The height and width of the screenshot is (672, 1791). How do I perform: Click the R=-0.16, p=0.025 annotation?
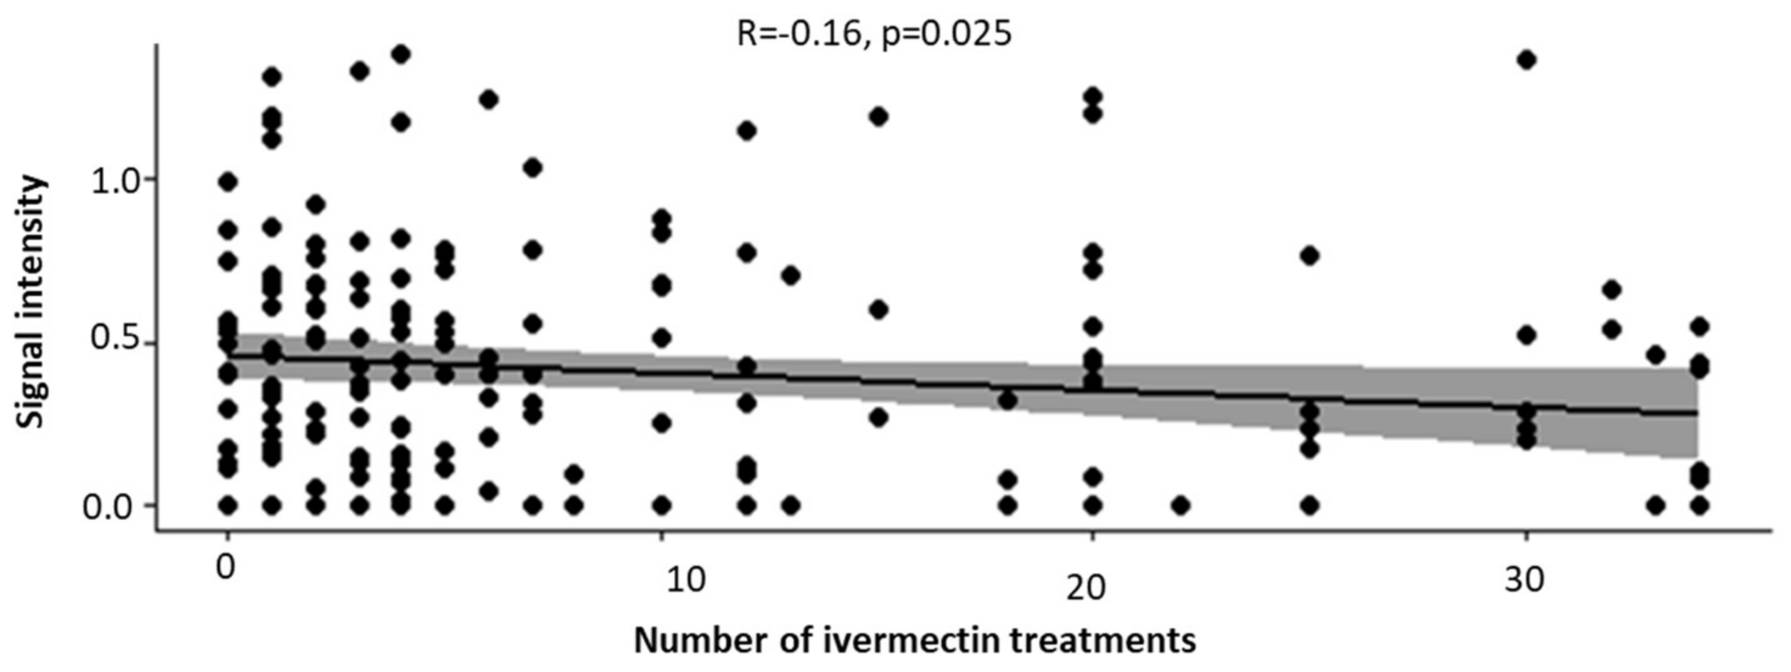(874, 32)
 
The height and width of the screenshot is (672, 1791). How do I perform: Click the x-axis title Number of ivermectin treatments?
(915, 641)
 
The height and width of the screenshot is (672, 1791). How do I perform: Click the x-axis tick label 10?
(686, 580)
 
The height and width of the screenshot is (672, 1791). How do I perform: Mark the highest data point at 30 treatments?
(1527, 60)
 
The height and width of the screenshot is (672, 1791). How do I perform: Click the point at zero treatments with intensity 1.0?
(228, 182)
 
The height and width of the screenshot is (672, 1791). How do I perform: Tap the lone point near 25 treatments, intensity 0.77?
(1310, 256)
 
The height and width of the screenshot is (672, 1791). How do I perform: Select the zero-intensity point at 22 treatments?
(1180, 505)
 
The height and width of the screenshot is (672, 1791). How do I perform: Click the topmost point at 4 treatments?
(401, 54)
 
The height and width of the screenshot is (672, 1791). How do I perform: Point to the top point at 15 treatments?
(879, 116)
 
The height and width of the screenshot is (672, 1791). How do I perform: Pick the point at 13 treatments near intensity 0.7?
(791, 275)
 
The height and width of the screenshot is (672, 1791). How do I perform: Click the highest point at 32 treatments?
(1612, 289)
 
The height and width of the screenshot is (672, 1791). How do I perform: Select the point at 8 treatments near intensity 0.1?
(574, 475)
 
